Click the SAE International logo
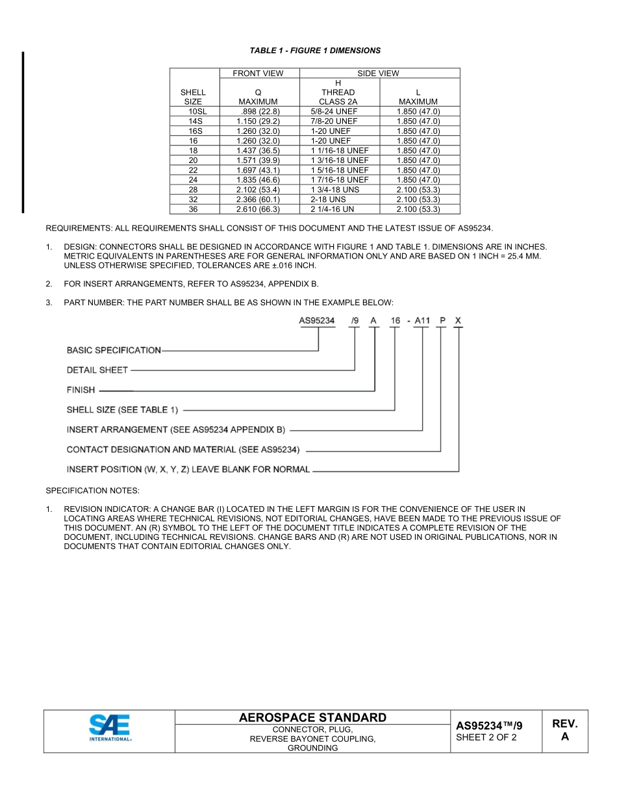(x=110, y=728)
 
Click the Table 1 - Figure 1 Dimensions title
(x=315, y=51)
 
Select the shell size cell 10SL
(x=193, y=112)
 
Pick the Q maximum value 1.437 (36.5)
(x=258, y=151)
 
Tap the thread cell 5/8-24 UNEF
(x=334, y=112)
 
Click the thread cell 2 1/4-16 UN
(x=332, y=209)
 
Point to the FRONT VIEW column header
(x=258, y=73)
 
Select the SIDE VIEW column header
(x=378, y=73)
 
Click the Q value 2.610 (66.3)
(x=258, y=209)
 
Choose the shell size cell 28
(x=193, y=190)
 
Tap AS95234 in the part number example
(x=316, y=320)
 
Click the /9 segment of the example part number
(x=354, y=320)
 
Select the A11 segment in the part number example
(x=422, y=320)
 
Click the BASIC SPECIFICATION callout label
(x=114, y=350)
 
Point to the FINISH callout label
(x=81, y=390)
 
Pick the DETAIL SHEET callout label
(x=97, y=370)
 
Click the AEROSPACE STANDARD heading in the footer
(x=312, y=718)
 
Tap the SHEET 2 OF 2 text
(x=486, y=737)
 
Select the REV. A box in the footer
(x=564, y=730)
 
